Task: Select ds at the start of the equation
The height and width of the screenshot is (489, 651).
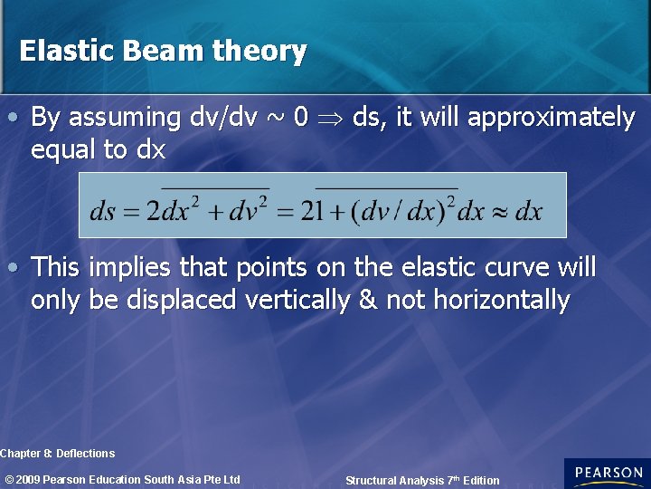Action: point(102,212)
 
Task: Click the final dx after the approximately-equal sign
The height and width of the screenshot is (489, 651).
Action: point(527,212)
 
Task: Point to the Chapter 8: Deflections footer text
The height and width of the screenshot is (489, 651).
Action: point(58,453)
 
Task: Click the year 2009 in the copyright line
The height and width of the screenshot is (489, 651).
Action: point(29,479)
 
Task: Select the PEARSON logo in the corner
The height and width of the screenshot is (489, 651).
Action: point(608,474)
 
